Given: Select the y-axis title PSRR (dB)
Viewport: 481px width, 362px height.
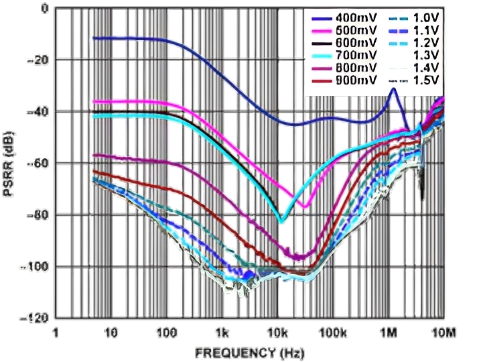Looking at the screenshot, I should [10, 165].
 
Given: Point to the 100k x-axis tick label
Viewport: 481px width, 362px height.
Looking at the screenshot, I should [332, 333].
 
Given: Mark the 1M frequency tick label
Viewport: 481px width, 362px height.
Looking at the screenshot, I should [389, 333].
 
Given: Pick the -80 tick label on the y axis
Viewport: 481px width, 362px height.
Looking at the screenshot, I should [38, 215].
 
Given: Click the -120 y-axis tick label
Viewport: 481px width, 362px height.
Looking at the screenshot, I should [36, 318].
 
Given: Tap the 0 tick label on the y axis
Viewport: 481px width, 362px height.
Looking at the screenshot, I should [44, 9].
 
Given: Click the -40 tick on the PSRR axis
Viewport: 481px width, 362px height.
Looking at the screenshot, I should [38, 111].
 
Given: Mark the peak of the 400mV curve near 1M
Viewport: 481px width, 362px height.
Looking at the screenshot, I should [394, 88].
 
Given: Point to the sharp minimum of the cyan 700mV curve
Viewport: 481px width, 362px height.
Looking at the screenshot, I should [282, 221].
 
